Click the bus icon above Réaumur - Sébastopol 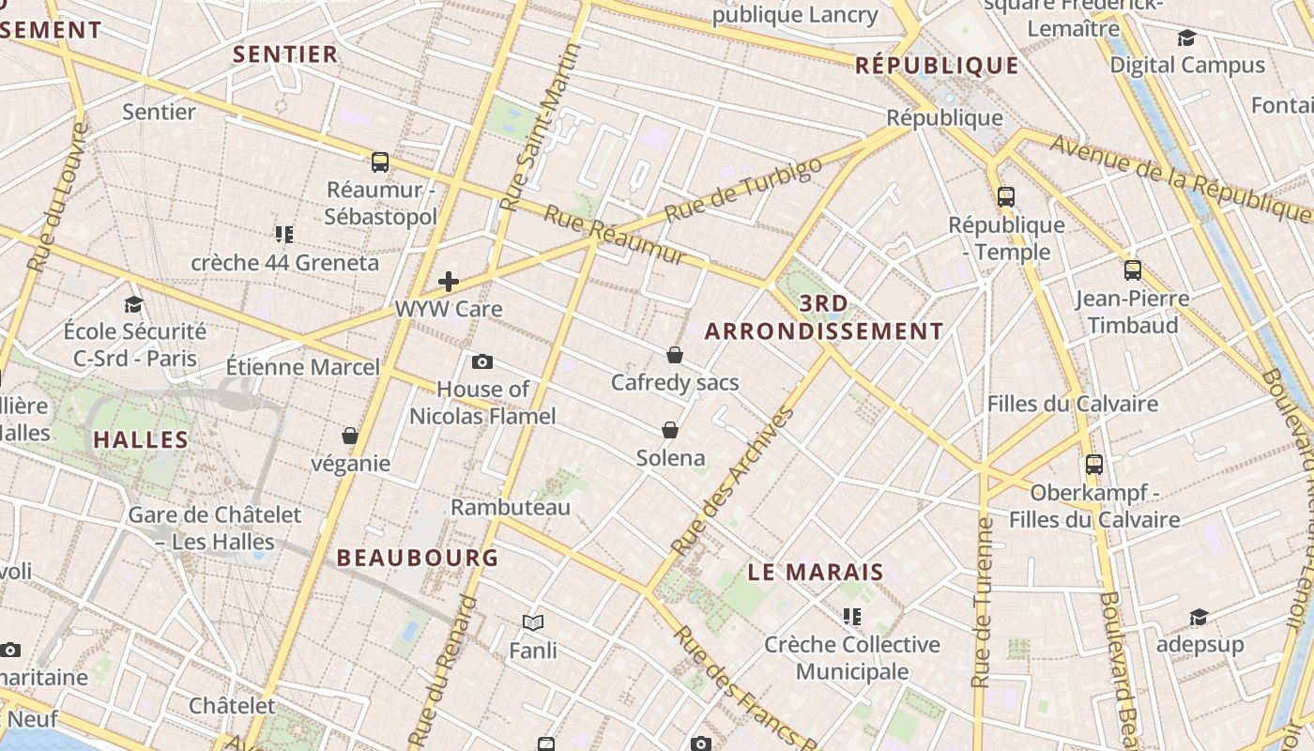(x=380, y=162)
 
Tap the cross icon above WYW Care (x=449, y=281)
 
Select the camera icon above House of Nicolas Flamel (x=482, y=361)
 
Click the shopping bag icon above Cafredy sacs (x=674, y=355)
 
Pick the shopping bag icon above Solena (x=670, y=430)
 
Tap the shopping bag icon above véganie (x=350, y=436)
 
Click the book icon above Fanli (x=533, y=622)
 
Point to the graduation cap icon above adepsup (x=1199, y=617)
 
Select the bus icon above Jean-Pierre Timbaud (x=1133, y=270)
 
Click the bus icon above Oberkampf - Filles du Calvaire (x=1094, y=464)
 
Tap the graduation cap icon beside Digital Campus (x=1186, y=38)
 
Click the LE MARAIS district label (x=816, y=572)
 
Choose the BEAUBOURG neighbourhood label (x=418, y=558)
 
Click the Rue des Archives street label (x=734, y=480)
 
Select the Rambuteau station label (x=511, y=507)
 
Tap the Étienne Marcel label (x=303, y=366)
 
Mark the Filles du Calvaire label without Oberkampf (x=1072, y=404)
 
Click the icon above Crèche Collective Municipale (x=852, y=617)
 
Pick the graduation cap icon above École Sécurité (x=133, y=304)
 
